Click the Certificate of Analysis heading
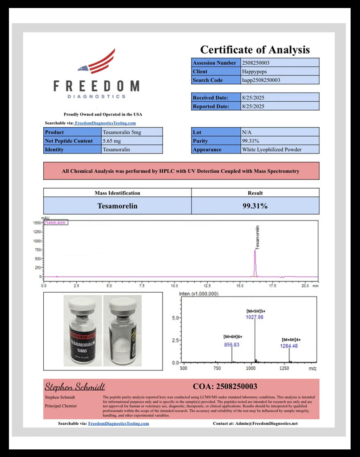click(x=255, y=50)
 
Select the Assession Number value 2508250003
click(x=255, y=63)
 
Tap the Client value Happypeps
click(x=253, y=71)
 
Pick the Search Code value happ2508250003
click(x=261, y=80)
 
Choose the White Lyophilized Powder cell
click(x=272, y=150)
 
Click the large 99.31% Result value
click(x=255, y=206)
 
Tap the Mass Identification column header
click(x=117, y=193)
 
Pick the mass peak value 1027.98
click(x=255, y=317)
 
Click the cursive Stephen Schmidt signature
click(x=75, y=386)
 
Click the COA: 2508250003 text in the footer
click(x=225, y=386)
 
